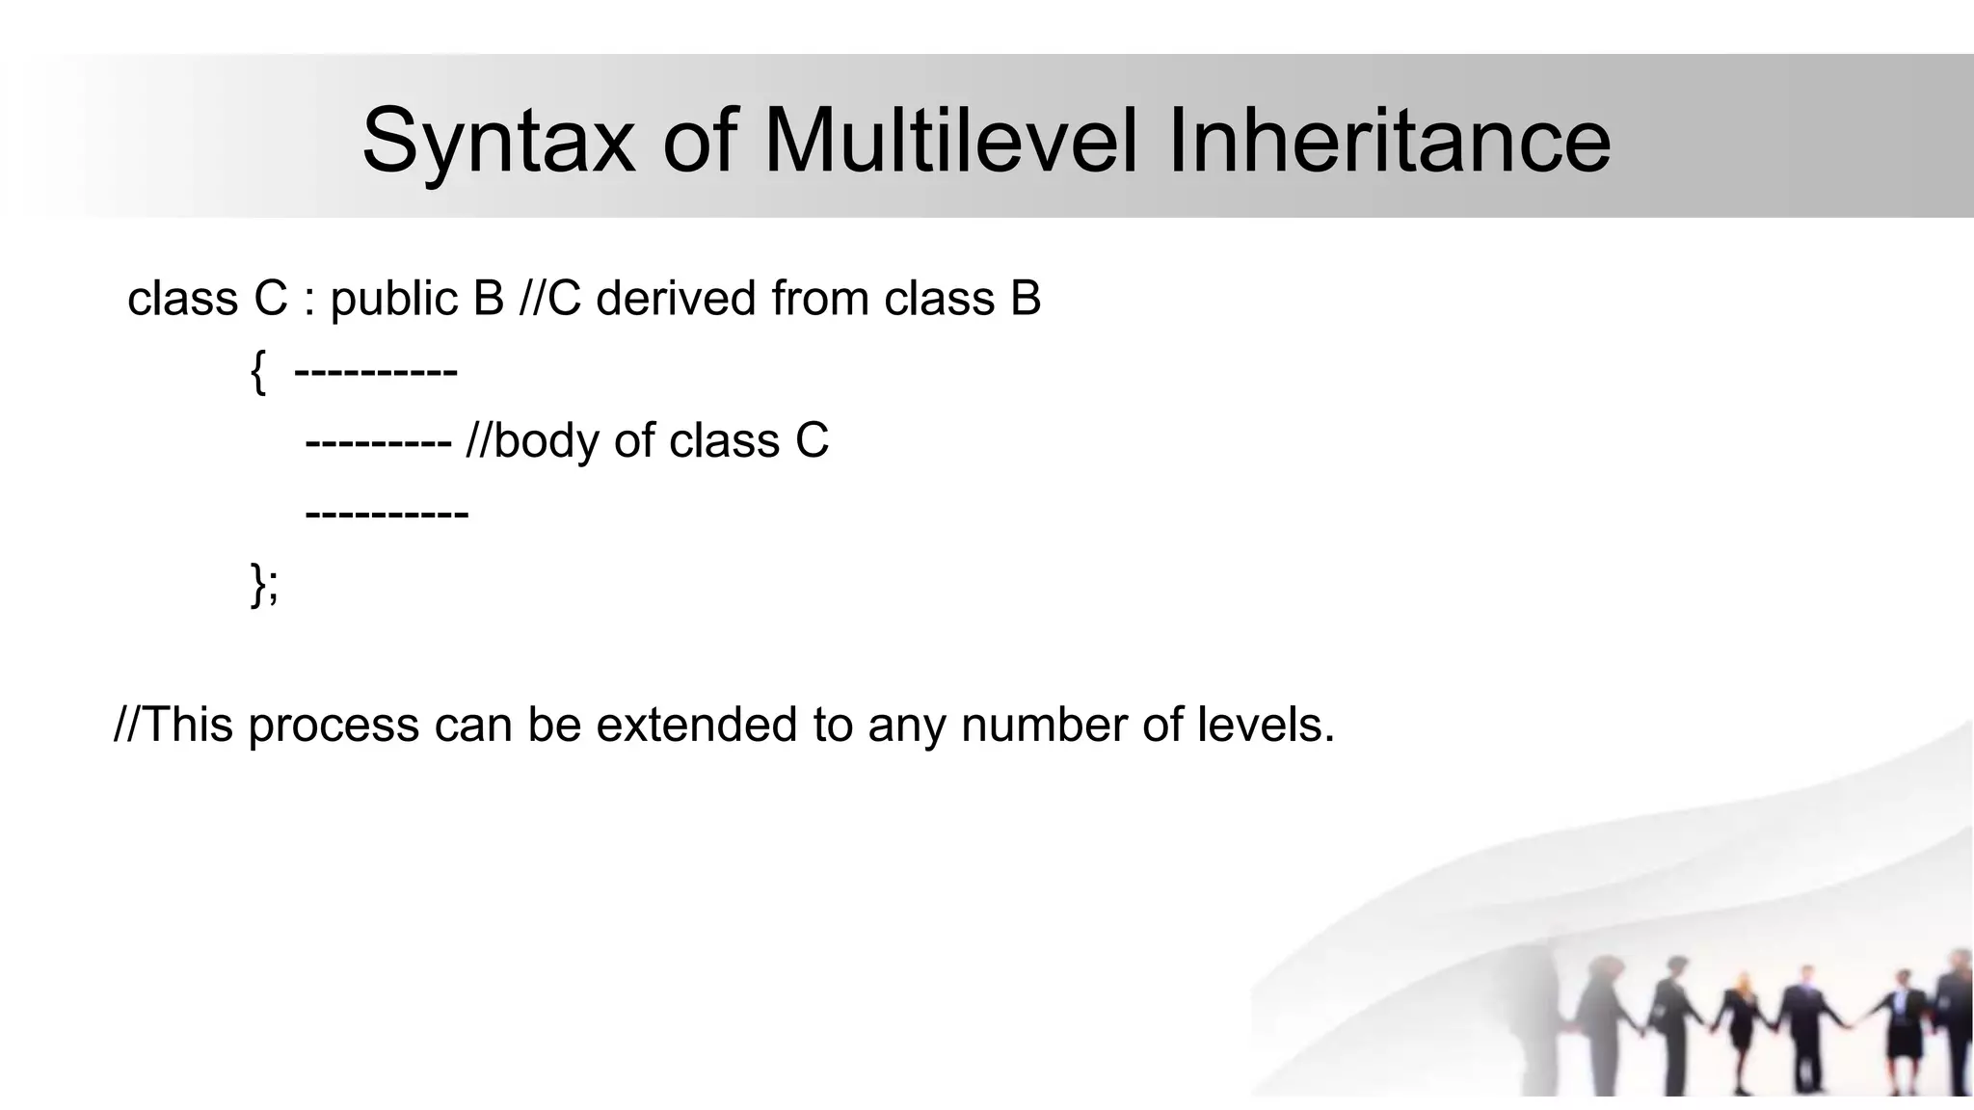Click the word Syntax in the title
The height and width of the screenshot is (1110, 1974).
pyautogui.click(x=497, y=143)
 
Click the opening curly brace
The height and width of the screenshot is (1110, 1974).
pyautogui.click(x=257, y=372)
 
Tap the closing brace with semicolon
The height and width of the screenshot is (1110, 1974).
pyautogui.click(x=264, y=585)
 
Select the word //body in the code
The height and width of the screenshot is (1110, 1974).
pyautogui.click(x=531, y=441)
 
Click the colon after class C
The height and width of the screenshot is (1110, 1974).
pyautogui.click(x=309, y=300)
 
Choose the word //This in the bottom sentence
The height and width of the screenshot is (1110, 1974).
pyautogui.click(x=173, y=725)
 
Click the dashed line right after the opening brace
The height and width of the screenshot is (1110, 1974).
pyautogui.click(x=376, y=372)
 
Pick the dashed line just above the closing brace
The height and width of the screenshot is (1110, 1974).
pyautogui.click(x=387, y=514)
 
